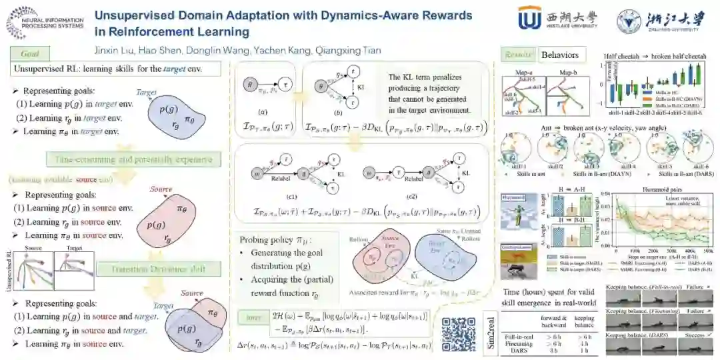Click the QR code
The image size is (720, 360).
(x=458, y=335)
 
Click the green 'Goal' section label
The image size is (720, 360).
(x=30, y=53)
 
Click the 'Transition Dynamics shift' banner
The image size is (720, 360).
(x=158, y=269)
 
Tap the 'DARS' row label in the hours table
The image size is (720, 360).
(x=521, y=351)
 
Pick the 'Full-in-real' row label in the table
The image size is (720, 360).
(x=521, y=337)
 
